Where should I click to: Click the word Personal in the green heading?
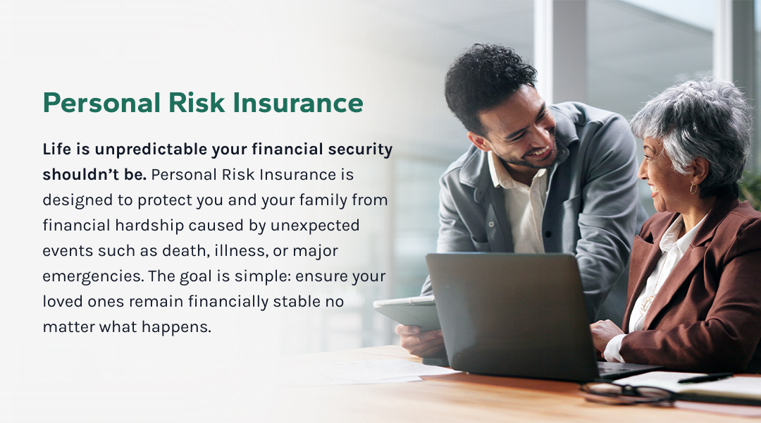point(102,102)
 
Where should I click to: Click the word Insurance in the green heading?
point(298,102)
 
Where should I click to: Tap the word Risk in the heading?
point(197,102)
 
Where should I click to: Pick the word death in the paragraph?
point(186,250)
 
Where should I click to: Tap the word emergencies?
point(93,276)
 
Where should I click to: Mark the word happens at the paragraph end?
point(177,327)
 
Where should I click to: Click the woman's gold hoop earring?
point(693,188)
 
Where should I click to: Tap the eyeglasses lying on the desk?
point(627,393)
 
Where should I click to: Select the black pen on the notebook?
point(705,378)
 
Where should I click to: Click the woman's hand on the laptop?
point(605,334)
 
